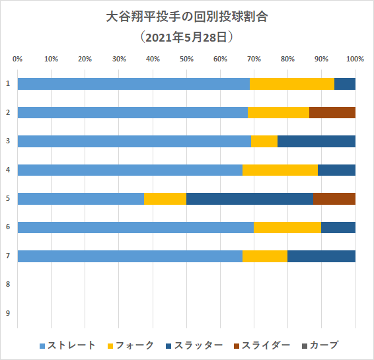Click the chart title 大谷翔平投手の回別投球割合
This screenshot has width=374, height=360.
pos(187,16)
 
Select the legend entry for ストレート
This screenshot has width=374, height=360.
pos(68,345)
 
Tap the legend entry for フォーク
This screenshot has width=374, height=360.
pos(135,345)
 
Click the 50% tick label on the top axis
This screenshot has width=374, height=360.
pos(186,59)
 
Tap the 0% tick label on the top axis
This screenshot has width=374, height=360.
pos(18,59)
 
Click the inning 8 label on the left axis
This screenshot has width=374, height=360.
pos(8,285)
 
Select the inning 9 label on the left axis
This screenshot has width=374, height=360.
pos(8,313)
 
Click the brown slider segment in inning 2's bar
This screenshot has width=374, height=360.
pos(332,112)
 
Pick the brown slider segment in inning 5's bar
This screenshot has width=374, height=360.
pos(334,198)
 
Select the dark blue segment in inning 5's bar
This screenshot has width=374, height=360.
pos(250,198)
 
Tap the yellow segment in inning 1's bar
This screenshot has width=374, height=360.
pos(292,83)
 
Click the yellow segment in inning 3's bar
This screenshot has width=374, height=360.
pos(264,141)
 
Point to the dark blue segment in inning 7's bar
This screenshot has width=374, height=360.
pos(321,256)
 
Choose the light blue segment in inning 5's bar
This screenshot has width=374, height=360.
pos(81,198)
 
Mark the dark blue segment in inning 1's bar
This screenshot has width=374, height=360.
pos(345,83)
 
